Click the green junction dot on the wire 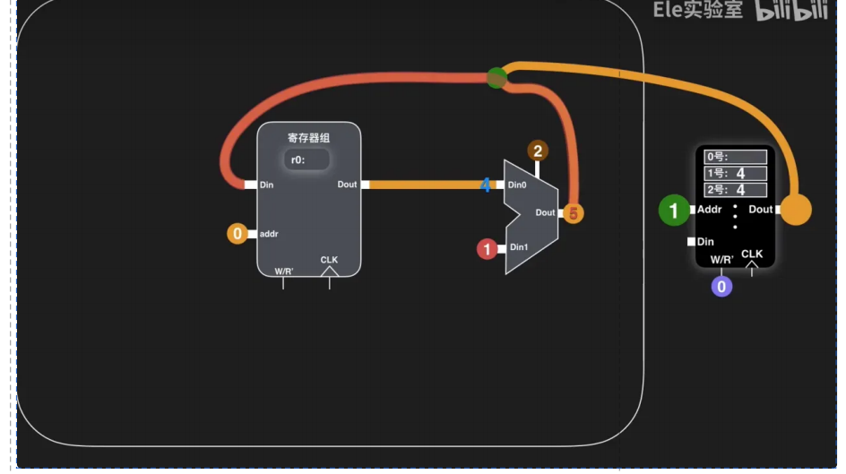(x=496, y=78)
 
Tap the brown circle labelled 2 (x=538, y=151)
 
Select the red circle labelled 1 (x=488, y=249)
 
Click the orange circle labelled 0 (x=237, y=234)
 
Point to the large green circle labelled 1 (x=674, y=211)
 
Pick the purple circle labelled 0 (x=721, y=287)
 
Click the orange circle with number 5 (x=574, y=213)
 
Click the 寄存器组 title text (x=308, y=138)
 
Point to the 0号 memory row (x=735, y=157)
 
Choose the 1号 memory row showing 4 (x=735, y=173)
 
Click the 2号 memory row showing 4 (x=735, y=189)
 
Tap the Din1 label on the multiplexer (x=519, y=247)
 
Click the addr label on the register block (x=269, y=234)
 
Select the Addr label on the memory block (x=709, y=210)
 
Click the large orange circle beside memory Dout (x=797, y=210)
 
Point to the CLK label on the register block (x=329, y=260)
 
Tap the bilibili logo (x=790, y=12)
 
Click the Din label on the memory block (x=705, y=242)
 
